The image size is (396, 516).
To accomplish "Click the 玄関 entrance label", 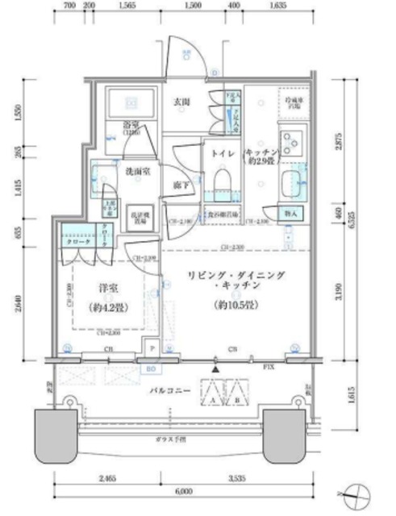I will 182,102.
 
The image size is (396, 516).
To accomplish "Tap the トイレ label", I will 222,152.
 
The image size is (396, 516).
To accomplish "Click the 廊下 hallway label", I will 179,185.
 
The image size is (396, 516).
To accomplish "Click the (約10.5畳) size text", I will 234,306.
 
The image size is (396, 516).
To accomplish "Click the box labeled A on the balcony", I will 214,398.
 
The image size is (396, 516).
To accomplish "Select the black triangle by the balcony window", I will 215,370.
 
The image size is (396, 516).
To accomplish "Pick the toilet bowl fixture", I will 222,177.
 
